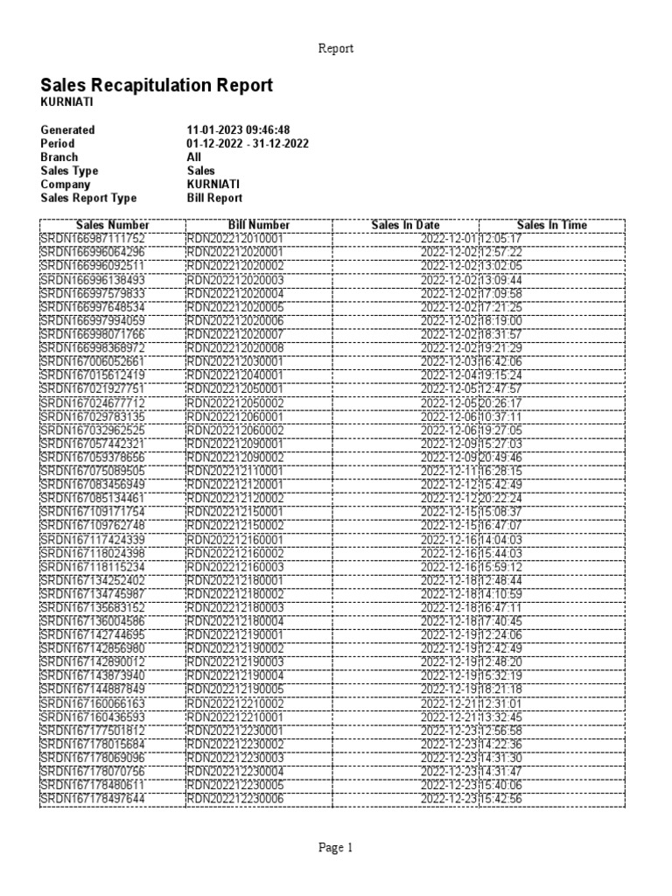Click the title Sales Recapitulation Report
pyautogui.click(x=157, y=85)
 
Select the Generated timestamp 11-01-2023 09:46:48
pyautogui.click(x=238, y=129)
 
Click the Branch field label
pyautogui.click(x=59, y=157)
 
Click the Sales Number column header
pyautogui.click(x=113, y=225)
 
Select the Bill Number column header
pyautogui.click(x=259, y=225)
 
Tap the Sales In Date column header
pyautogui.click(x=405, y=225)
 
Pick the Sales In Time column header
pyautogui.click(x=551, y=225)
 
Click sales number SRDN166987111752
pyautogui.click(x=93, y=238)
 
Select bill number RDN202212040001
pyautogui.click(x=235, y=374)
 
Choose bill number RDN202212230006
pyautogui.click(x=235, y=799)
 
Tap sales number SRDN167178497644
pyautogui.click(x=93, y=799)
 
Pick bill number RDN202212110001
pyautogui.click(x=235, y=470)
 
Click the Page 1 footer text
pyautogui.click(x=335, y=847)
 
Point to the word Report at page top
pyautogui.click(x=335, y=49)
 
